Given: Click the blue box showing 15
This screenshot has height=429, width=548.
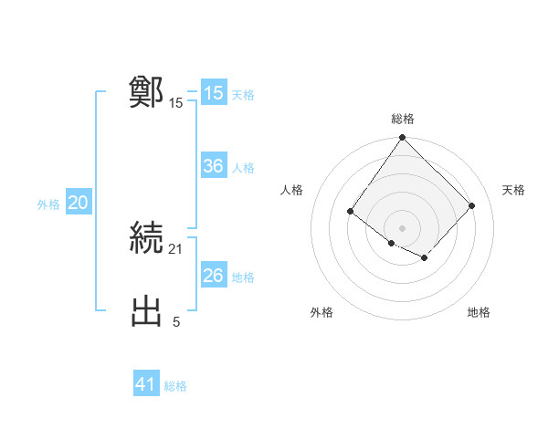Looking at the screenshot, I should [x=213, y=93].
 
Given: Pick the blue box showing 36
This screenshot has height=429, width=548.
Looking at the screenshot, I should [x=213, y=166].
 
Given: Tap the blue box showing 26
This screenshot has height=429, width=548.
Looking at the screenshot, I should [x=213, y=276].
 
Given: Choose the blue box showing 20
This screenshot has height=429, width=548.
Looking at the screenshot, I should [x=78, y=203].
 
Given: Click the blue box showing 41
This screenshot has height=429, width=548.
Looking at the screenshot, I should [x=146, y=384].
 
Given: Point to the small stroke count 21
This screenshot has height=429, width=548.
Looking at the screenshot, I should [x=176, y=249].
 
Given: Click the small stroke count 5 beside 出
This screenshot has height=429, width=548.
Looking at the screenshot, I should [x=176, y=322].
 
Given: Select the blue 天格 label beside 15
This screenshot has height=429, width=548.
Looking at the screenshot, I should [x=243, y=95].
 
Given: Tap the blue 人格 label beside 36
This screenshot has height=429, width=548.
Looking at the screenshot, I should [x=243, y=168].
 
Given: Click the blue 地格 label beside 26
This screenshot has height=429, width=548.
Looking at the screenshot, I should [x=243, y=277].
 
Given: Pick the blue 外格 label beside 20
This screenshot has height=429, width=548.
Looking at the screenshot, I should [x=48, y=204].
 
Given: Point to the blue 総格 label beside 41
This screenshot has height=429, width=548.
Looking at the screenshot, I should [x=175, y=386].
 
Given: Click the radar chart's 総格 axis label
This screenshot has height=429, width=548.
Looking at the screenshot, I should [x=403, y=119].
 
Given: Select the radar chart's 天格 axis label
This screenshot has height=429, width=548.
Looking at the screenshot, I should [x=513, y=190].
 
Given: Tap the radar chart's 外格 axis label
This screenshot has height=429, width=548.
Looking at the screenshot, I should [x=321, y=312].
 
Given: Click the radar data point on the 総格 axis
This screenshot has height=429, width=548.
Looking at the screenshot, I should [x=403, y=138].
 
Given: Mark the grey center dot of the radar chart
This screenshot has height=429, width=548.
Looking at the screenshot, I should [x=403, y=227].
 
